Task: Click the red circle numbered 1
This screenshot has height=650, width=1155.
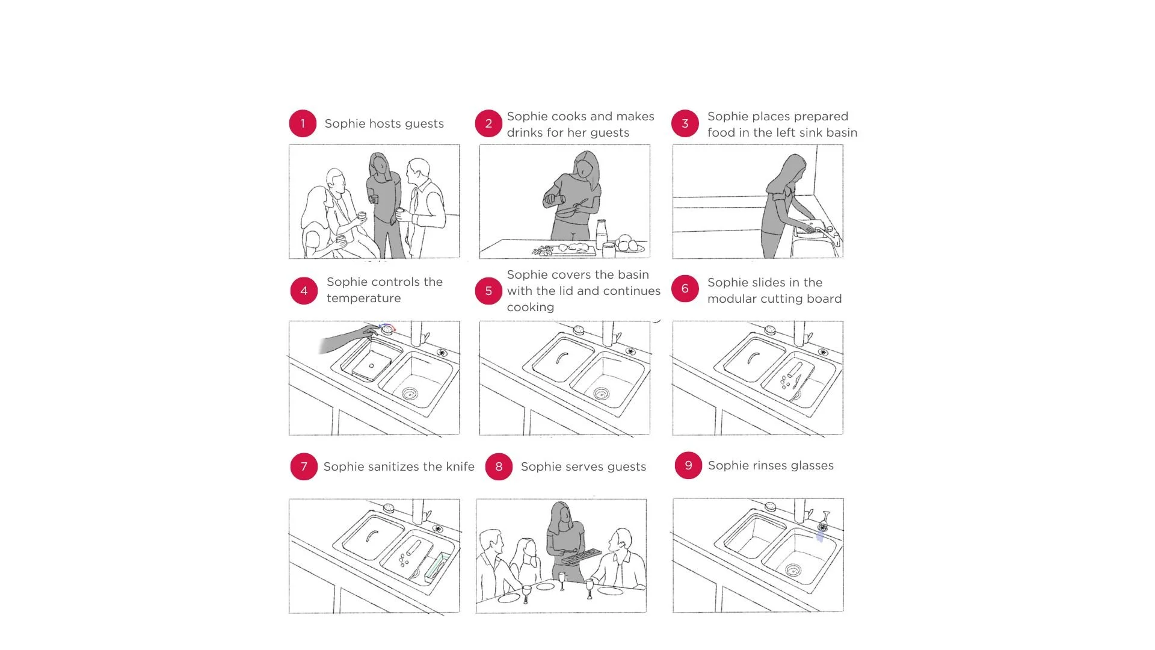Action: point(303,123)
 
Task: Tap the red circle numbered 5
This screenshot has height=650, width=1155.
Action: point(488,291)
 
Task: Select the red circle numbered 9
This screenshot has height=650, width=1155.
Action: point(688,465)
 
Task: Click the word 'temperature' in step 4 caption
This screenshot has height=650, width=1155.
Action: point(363,299)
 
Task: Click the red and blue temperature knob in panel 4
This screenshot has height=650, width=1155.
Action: point(387,329)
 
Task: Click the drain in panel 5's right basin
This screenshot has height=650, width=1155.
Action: point(601,394)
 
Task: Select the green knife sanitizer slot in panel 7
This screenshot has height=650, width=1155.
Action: point(437,567)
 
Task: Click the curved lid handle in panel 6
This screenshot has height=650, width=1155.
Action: point(751,359)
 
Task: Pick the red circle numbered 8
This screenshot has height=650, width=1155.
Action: point(499,466)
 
